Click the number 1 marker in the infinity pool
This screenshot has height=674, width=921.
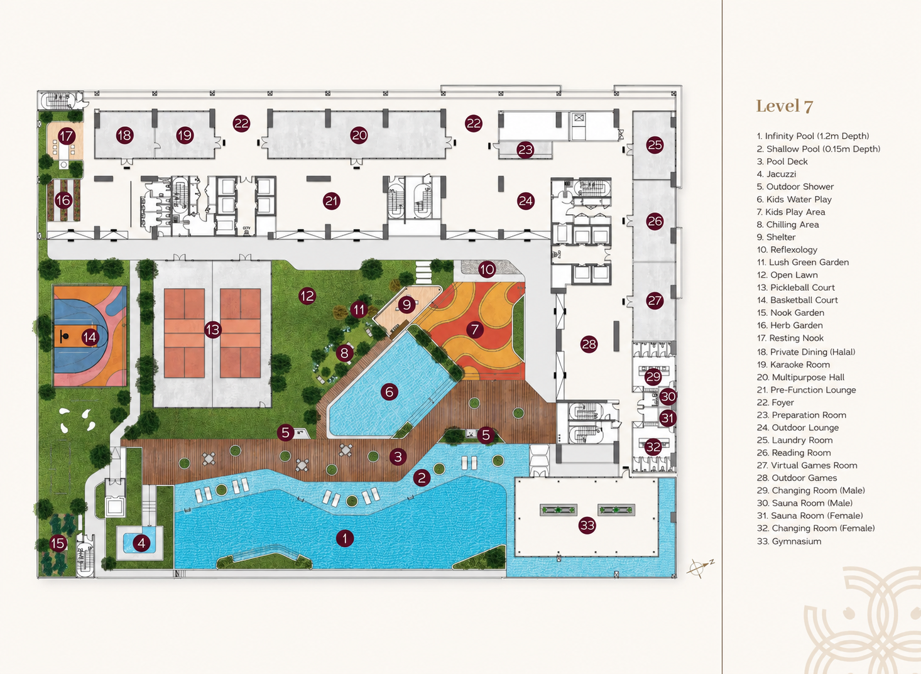click(x=344, y=538)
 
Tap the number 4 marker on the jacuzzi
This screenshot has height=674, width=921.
click(x=141, y=543)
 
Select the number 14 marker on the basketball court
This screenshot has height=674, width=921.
click(x=90, y=337)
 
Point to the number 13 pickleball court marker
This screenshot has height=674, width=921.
click(x=212, y=330)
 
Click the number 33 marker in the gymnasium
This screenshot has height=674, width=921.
click(x=587, y=525)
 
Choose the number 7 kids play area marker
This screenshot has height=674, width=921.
click(x=475, y=329)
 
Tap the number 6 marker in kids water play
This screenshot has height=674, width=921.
click(x=390, y=392)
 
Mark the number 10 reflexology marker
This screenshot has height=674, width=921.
click(x=488, y=269)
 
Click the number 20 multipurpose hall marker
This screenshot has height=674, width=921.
click(x=359, y=135)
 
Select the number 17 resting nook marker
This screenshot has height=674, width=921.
click(x=66, y=136)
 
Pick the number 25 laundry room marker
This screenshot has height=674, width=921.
click(x=655, y=144)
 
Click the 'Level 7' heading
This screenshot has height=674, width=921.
click(x=785, y=106)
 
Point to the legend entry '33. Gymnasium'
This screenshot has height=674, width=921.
click(x=789, y=541)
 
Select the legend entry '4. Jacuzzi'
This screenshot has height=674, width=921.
click(x=777, y=174)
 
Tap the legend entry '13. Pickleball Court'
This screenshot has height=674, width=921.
click(x=796, y=287)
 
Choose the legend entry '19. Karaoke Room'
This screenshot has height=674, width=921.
click(x=793, y=364)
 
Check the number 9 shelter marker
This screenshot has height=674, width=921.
click(x=406, y=305)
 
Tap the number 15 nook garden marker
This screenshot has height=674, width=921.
click(x=58, y=543)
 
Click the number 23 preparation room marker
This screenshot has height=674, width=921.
click(x=525, y=149)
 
